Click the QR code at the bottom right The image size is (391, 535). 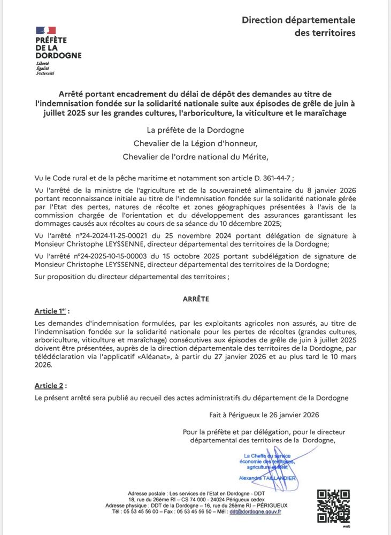pos(333,506)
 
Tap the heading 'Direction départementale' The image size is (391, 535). pos(298,20)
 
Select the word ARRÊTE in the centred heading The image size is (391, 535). pos(195,299)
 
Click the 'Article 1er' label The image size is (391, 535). pos(51,311)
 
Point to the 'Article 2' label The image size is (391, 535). pos(50,385)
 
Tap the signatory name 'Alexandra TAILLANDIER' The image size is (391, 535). pos(263,478)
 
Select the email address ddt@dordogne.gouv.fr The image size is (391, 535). pos(256,511)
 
